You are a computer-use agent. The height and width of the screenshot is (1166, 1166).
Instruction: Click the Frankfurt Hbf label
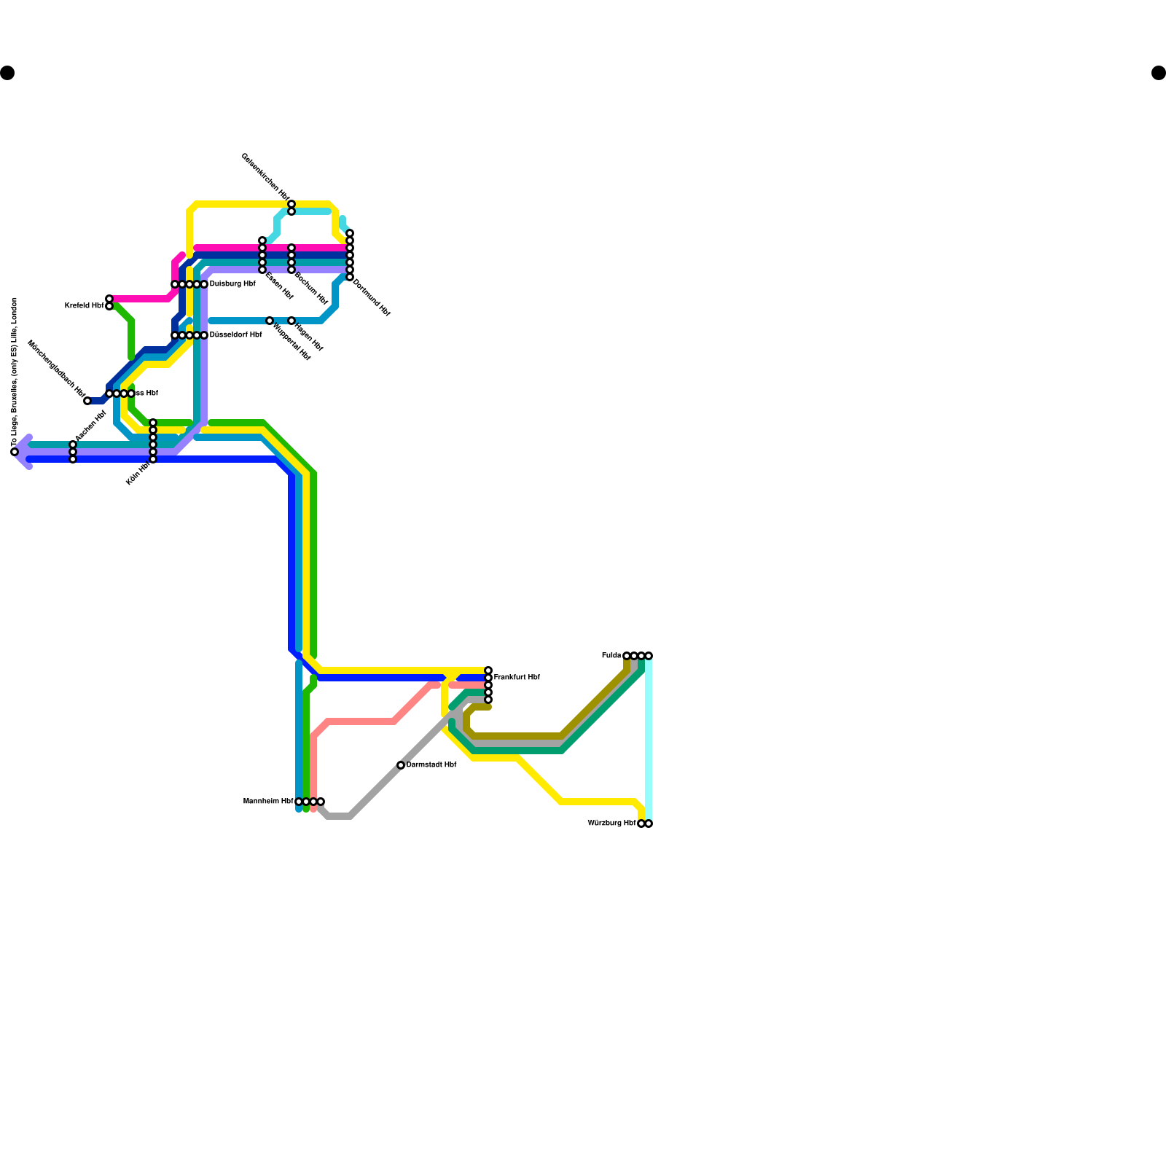coord(517,678)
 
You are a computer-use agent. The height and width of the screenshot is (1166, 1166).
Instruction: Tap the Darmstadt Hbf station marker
coord(401,765)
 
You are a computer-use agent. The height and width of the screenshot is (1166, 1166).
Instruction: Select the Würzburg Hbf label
coord(611,823)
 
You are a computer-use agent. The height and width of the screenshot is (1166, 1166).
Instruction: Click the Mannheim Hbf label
coord(267,802)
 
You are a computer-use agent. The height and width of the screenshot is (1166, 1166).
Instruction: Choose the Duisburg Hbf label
coord(232,284)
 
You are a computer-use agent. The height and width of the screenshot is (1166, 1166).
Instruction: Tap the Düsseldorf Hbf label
coord(235,335)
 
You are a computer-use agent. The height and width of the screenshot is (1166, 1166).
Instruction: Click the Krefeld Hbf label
coord(84,306)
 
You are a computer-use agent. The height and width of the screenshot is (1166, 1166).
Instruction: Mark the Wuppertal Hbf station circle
coord(270,321)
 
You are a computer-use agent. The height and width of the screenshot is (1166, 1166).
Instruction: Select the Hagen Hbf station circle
coord(291,321)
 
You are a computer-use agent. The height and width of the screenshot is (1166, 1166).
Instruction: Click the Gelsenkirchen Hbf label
coord(265,179)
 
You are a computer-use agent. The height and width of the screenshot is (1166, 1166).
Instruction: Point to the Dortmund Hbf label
coord(372,297)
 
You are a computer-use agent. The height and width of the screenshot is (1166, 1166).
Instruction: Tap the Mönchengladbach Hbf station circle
coord(87,401)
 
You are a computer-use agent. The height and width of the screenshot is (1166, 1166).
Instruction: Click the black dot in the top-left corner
coord(7,73)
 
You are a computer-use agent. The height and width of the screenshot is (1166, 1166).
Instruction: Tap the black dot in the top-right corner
coord(1159,73)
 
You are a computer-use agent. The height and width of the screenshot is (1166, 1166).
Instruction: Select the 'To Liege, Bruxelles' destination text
coord(15,372)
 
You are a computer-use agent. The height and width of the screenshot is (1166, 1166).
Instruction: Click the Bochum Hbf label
coord(311,289)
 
